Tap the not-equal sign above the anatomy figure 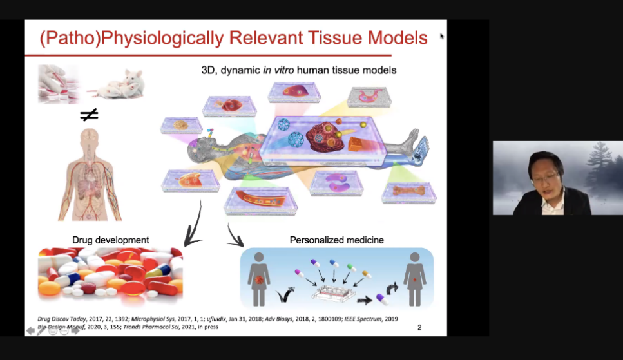(x=89, y=115)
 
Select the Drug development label (x=111, y=240)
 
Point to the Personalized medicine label (x=336, y=240)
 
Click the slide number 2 (x=419, y=327)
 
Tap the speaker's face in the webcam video (x=542, y=174)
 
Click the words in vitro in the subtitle (x=279, y=70)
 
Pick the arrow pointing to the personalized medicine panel (x=235, y=236)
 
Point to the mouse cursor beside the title (x=442, y=36)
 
